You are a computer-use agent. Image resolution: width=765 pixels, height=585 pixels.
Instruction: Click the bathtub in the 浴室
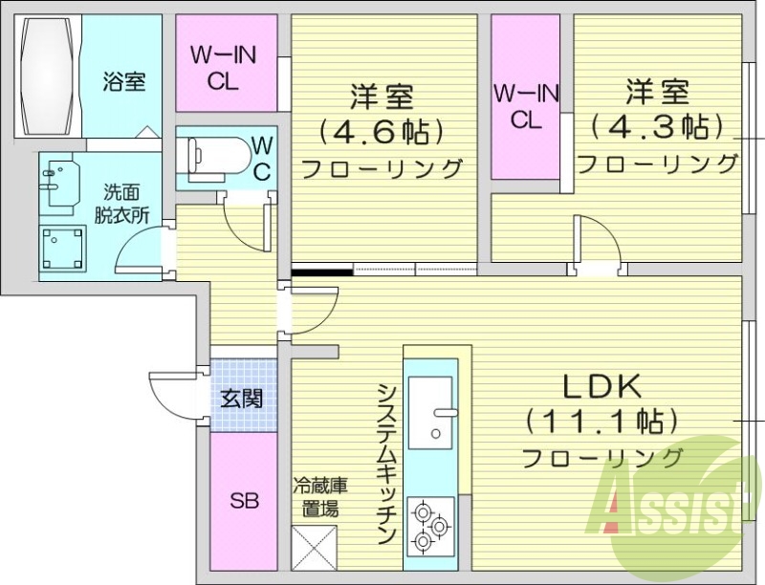(47, 77)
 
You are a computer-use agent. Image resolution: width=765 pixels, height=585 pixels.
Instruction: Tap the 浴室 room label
(124, 81)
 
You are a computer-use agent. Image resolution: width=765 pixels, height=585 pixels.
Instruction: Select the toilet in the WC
(209, 158)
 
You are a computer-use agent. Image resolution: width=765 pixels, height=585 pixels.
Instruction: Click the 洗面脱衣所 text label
(121, 203)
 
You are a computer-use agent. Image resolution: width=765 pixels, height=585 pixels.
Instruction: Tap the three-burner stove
(430, 526)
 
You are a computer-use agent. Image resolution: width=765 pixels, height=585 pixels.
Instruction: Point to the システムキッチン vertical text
(387, 463)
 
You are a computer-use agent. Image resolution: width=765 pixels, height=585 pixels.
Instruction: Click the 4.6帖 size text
(381, 130)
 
